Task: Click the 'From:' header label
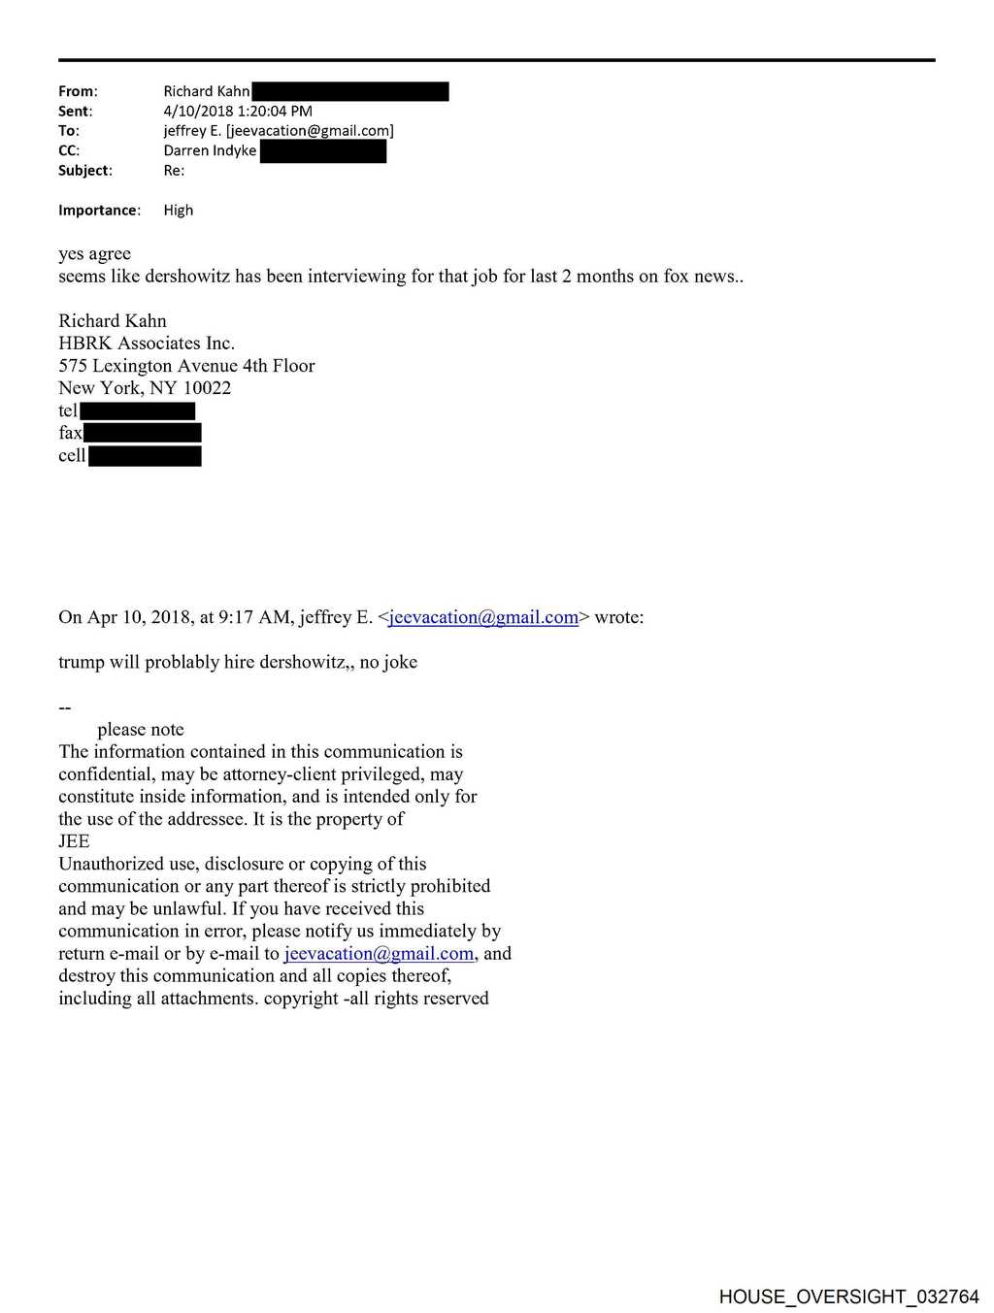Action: (x=78, y=91)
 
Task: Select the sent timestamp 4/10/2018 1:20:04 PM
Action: (x=238, y=111)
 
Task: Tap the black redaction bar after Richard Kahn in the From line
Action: (x=349, y=91)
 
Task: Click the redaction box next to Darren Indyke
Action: (x=323, y=150)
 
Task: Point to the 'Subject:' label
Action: (x=84, y=170)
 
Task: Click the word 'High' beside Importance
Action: (x=179, y=210)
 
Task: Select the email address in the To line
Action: (x=310, y=131)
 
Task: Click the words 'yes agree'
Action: (x=94, y=253)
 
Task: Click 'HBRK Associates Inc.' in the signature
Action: (x=147, y=343)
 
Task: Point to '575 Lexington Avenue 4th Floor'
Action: (x=186, y=365)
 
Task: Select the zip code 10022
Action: (x=207, y=387)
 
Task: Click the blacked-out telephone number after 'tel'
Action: (x=138, y=410)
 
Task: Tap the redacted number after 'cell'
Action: (x=145, y=455)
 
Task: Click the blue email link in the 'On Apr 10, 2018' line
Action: (x=483, y=617)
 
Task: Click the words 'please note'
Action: (x=141, y=729)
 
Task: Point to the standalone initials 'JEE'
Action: (x=74, y=840)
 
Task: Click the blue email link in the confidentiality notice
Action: (x=379, y=953)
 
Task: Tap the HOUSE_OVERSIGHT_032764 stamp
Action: (x=848, y=1297)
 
